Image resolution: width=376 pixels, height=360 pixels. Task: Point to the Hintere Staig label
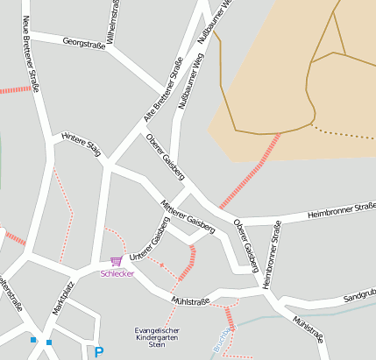coord(82,145)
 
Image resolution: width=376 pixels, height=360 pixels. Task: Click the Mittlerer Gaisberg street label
coord(188,215)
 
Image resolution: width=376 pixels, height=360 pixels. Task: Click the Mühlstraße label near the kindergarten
coord(191,301)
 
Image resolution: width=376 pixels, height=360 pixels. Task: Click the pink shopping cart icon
coord(116,261)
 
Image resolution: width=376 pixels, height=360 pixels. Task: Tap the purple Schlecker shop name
coord(117,273)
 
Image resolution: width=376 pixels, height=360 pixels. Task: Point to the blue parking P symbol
coord(99,352)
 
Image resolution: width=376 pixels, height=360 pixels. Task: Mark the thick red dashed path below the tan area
coord(250,171)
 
